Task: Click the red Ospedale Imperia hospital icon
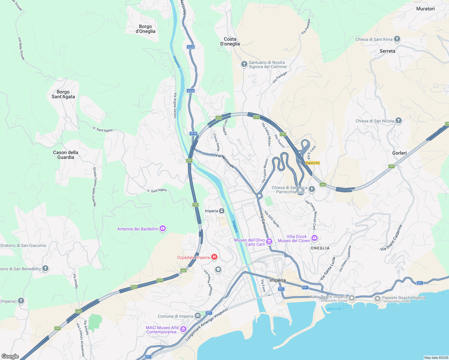(x=214, y=257)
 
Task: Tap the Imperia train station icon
(x=221, y=211)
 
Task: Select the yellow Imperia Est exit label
(x=312, y=163)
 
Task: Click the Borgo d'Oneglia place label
(x=146, y=29)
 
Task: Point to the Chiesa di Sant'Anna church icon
(x=397, y=39)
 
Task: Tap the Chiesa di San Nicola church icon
(x=399, y=121)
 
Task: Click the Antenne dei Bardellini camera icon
(x=163, y=229)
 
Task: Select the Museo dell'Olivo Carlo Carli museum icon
(x=269, y=241)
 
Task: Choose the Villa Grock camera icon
(x=315, y=238)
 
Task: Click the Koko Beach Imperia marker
(x=352, y=298)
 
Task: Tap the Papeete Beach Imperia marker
(x=378, y=299)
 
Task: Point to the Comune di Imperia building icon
(x=197, y=316)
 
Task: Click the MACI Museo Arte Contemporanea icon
(x=183, y=329)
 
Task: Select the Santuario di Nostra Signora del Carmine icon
(x=244, y=64)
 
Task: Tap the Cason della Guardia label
(x=66, y=155)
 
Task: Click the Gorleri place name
(x=399, y=153)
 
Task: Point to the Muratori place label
(x=425, y=9)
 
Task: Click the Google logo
(x=10, y=356)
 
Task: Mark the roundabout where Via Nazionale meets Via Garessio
(x=259, y=195)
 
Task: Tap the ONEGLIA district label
(x=320, y=248)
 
